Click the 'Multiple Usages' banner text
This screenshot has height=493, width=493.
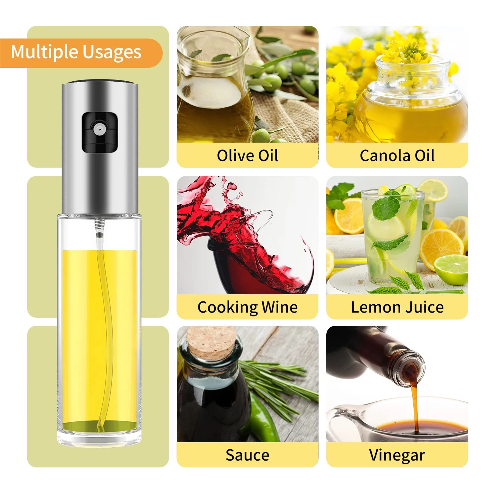coord(76,52)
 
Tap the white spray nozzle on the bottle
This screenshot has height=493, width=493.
coord(99,129)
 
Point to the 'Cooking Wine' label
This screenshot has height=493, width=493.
coord(247,307)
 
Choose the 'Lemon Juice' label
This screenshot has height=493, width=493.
coord(397,307)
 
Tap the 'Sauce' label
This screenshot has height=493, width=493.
coord(247,455)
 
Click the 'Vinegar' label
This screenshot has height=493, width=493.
coord(397,455)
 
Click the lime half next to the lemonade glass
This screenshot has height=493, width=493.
coord(451,269)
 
